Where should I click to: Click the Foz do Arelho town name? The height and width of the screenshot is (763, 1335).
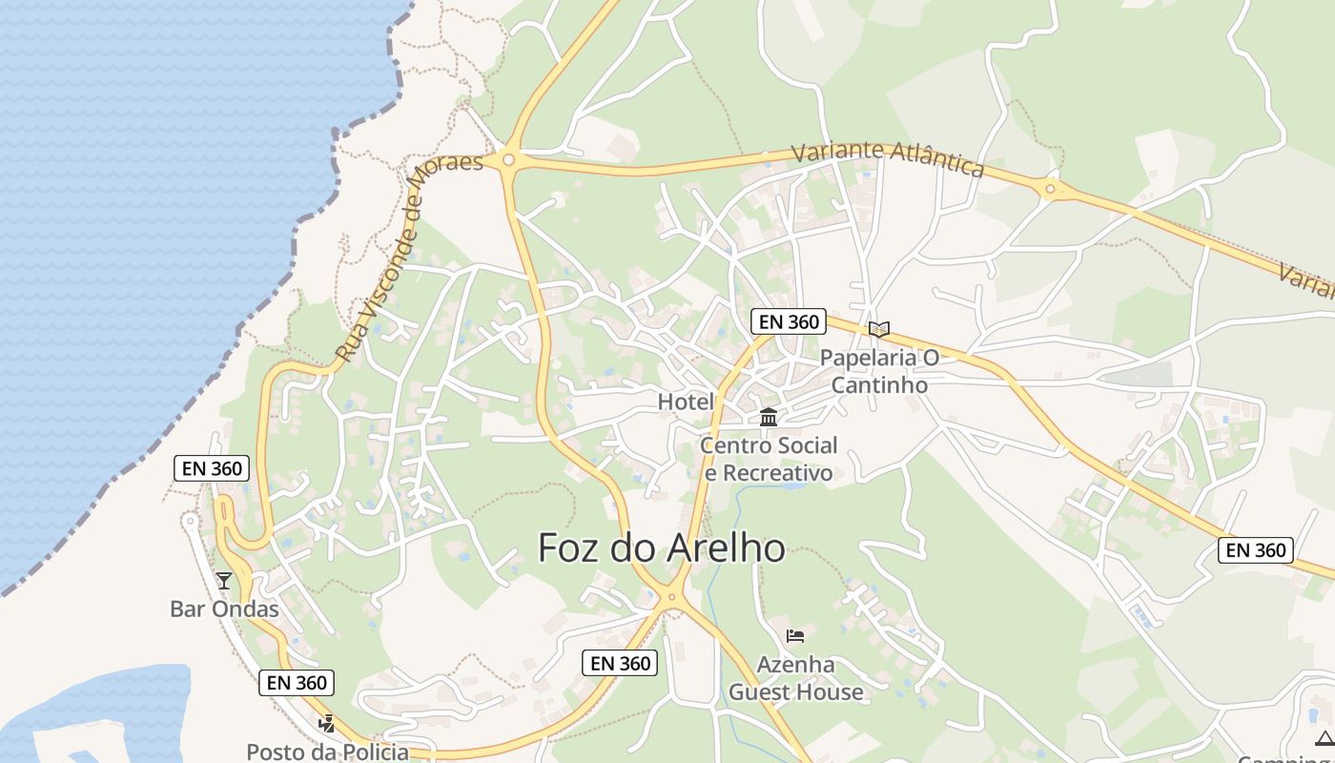click(662, 547)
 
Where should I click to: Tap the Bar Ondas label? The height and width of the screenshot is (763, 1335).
click(224, 609)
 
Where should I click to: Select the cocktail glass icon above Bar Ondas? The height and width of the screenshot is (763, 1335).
click(224, 580)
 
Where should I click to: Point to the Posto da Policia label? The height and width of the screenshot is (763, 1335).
click(327, 752)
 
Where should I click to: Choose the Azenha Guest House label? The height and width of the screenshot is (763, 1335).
click(796, 678)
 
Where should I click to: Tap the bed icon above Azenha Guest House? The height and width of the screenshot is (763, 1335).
click(795, 636)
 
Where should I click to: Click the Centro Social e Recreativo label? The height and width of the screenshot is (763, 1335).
click(769, 459)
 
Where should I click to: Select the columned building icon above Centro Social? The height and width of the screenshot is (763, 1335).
click(769, 417)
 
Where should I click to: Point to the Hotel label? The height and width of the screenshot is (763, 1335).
click(686, 402)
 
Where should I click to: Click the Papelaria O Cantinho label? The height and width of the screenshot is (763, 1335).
click(879, 371)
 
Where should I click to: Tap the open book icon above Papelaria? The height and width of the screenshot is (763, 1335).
click(878, 330)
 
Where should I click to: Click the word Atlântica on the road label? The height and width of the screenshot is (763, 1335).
click(938, 160)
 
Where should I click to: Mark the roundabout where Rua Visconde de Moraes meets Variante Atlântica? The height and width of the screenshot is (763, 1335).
click(509, 159)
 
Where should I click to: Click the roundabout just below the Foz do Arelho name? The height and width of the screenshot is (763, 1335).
click(671, 597)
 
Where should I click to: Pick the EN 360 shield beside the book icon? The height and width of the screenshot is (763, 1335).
click(788, 321)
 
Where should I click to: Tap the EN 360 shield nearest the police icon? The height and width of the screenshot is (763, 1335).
click(297, 682)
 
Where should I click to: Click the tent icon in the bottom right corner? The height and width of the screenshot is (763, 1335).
click(1325, 738)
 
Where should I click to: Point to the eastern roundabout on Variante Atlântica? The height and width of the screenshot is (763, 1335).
click(1050, 189)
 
